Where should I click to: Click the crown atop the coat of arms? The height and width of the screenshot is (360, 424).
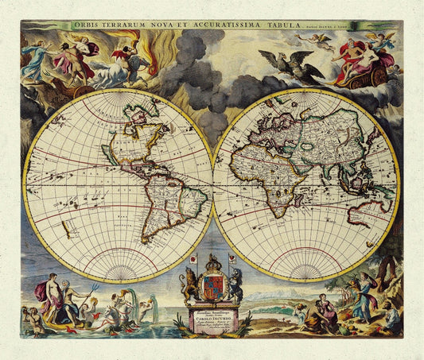click(213, 262)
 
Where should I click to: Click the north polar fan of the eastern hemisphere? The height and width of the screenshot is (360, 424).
click(306, 100)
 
